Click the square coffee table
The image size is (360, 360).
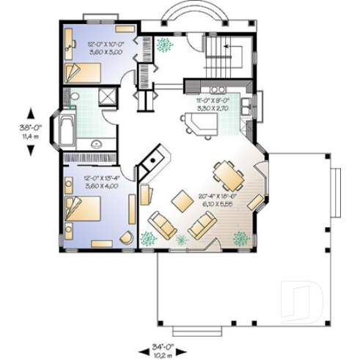pos(180,199)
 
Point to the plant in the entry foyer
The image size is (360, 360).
pos(167,43)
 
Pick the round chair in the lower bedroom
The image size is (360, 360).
pos(125,238)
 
